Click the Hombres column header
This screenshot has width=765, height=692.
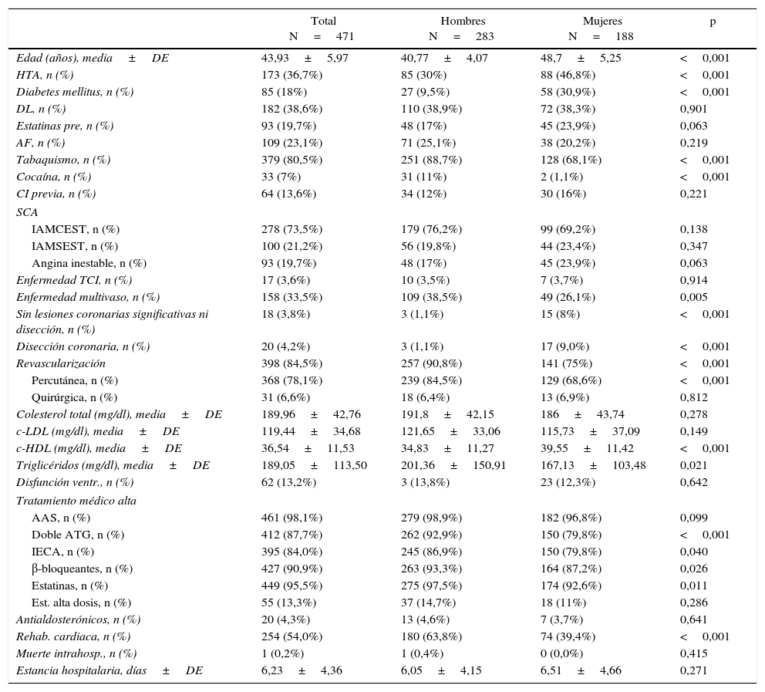463,21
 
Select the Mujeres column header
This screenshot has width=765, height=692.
602,21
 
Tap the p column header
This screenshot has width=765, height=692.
713,21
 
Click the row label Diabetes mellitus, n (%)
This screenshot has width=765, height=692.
75,92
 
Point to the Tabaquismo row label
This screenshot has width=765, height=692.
63,160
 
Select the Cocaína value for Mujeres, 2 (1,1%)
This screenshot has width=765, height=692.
561,177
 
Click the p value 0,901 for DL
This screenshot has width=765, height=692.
693,109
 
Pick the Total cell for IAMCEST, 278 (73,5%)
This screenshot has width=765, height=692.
292,229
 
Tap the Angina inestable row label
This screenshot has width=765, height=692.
89,263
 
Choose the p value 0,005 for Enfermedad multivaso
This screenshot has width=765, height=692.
693,297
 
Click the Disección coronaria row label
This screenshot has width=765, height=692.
83,346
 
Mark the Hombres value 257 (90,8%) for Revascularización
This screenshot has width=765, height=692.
431,363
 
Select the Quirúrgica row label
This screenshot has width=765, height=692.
74,397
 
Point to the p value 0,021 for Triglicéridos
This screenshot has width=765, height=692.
693,465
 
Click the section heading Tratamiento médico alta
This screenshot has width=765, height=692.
76,501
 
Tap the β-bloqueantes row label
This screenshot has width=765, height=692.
82,569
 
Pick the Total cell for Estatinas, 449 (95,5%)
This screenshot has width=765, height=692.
292,586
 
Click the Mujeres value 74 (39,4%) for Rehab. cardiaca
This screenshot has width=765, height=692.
568,636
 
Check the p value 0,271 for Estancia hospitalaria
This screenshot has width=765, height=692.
693,670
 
